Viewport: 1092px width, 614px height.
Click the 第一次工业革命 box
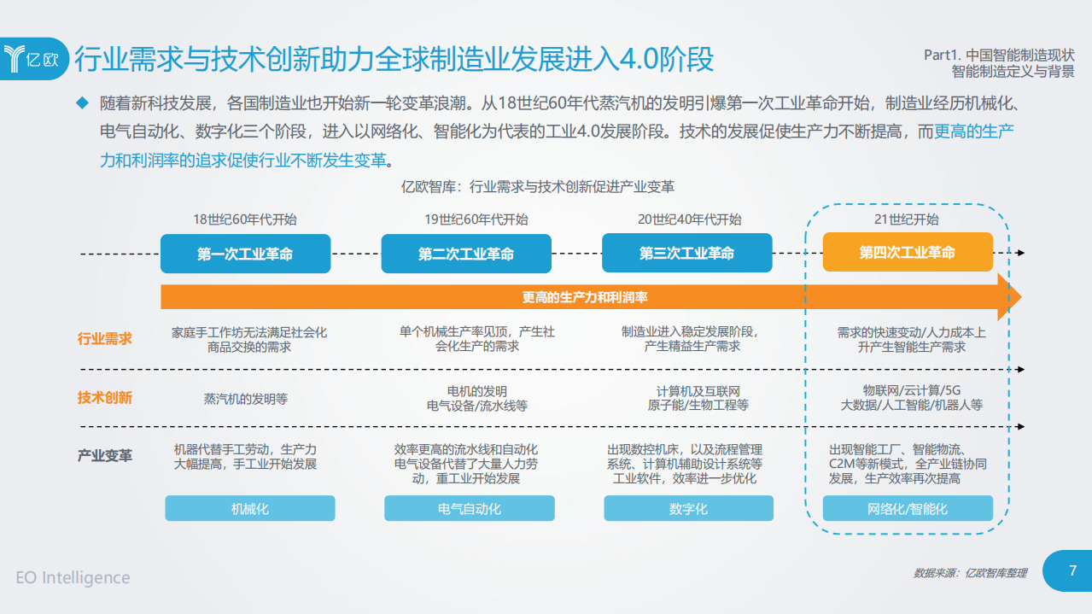245,254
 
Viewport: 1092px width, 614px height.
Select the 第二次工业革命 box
466,254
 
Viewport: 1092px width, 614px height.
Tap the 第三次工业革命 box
686,254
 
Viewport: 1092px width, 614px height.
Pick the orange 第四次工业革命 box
908,253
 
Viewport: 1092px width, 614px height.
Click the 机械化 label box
250,508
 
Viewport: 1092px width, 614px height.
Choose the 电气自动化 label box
470,508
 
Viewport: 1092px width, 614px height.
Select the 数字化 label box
688,508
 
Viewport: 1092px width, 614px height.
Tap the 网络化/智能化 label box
908,508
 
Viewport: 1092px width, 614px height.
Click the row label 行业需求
105,338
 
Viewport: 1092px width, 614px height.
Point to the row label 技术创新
105,397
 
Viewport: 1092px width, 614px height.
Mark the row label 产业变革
105,455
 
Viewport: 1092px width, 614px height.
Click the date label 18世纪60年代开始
245,219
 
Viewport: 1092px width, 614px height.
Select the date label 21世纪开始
907,219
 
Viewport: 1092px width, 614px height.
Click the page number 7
1072,570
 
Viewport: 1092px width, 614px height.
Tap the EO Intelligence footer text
73,577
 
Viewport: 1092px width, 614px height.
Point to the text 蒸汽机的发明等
246,399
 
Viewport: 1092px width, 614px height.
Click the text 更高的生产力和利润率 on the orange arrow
585,297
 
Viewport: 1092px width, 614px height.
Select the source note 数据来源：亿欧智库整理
970,573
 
